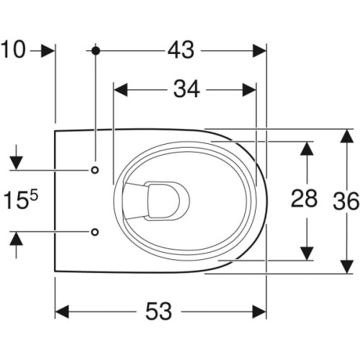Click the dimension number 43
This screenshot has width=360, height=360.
coord(181,50)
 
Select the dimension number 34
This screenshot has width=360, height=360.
coord(186,89)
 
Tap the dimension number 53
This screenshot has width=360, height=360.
coord(158,311)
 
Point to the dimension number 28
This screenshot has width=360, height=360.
coord(304,199)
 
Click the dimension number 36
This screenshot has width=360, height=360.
coord(346,201)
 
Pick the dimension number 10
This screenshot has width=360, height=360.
coord(13,50)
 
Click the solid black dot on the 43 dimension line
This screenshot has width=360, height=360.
coord(96,50)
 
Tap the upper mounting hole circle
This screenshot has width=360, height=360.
coord(95,170)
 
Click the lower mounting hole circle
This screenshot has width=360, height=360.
coord(95,232)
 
